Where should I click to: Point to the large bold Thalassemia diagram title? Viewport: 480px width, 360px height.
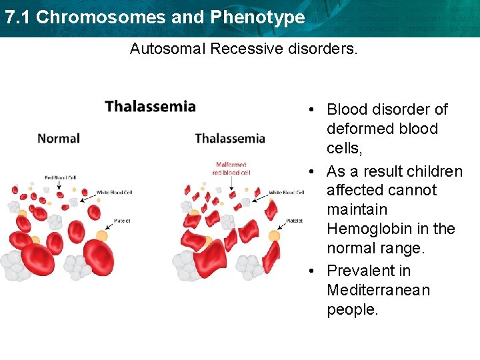click(150, 107)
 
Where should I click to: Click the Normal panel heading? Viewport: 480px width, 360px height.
click(59, 138)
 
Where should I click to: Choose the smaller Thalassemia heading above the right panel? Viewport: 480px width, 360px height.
click(230, 138)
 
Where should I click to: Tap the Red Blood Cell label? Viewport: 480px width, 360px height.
click(60, 178)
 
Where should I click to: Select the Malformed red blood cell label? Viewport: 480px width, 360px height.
click(231, 168)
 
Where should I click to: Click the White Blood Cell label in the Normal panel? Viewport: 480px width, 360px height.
click(114, 193)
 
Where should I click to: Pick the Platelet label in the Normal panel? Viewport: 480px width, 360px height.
click(122, 220)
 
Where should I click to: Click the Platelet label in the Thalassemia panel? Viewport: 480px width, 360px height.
click(294, 221)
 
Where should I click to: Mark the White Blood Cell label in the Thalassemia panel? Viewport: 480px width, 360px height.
click(287, 193)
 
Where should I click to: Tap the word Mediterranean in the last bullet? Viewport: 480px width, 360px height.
click(378, 290)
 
